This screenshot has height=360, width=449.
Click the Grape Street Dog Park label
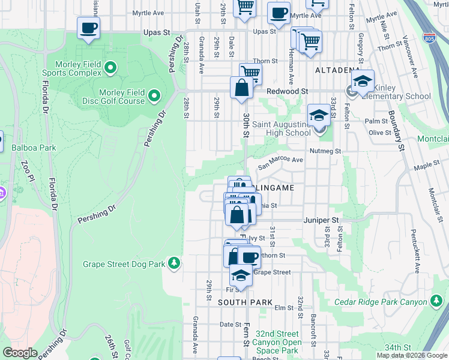tap(123, 263)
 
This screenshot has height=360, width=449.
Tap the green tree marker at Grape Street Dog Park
tap(174, 263)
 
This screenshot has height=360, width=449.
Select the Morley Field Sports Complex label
tap(71, 68)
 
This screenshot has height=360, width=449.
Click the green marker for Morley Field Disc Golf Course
tap(154, 95)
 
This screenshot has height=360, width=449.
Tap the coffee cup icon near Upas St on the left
tap(88, 27)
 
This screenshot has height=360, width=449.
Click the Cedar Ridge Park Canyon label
tap(381, 302)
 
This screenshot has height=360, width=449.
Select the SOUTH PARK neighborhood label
tap(245, 302)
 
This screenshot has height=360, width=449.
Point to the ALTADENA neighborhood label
tap(337, 70)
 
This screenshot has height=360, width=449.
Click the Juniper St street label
tap(322, 220)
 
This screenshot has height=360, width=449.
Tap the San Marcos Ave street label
tap(280, 160)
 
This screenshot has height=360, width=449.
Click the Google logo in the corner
tap(20, 353)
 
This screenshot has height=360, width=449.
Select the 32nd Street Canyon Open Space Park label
tap(277, 342)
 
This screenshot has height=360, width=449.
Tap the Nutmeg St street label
tap(325, 151)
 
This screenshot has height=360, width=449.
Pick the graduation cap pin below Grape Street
tap(241, 275)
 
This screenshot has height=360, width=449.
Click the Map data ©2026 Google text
tap(411, 355)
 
